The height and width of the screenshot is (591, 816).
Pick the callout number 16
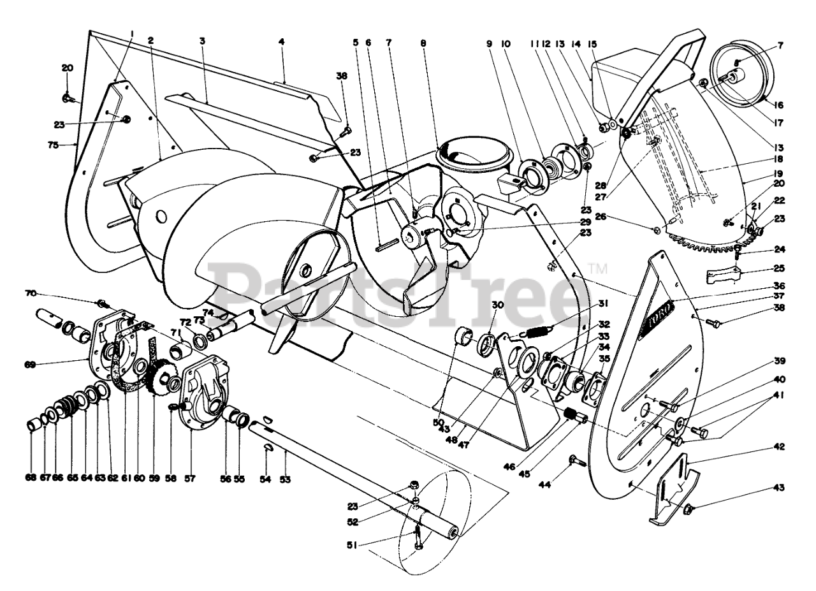coord(779,105)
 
